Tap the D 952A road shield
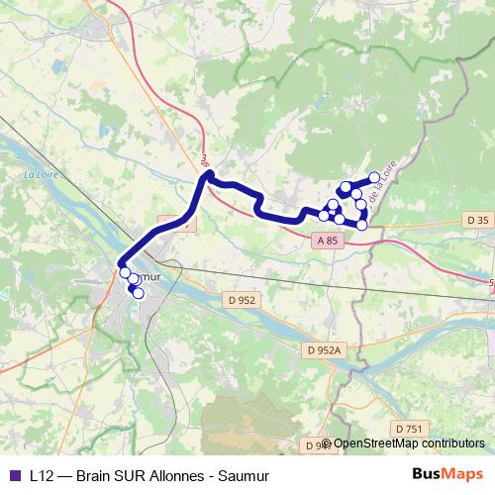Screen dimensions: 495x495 (x=324, y=350)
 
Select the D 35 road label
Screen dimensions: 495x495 (x=477, y=220)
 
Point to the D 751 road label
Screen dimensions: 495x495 (x=408, y=428)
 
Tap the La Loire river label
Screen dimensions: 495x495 (x=41, y=174)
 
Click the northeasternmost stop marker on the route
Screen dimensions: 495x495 (x=374, y=177)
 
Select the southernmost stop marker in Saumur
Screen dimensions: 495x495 (x=139, y=293)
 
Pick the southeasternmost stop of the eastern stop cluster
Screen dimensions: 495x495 (x=361, y=225)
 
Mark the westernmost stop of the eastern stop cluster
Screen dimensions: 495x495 (x=324, y=215)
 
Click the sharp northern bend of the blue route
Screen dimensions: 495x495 (x=208, y=176)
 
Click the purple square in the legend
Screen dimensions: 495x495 (x=14, y=475)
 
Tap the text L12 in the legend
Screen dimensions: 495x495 (x=41, y=475)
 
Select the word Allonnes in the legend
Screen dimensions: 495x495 (x=178, y=475)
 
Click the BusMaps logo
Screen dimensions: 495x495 (x=447, y=475)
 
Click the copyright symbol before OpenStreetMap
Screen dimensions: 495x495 (x=327, y=444)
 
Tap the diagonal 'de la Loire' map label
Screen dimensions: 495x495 (x=377, y=187)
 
